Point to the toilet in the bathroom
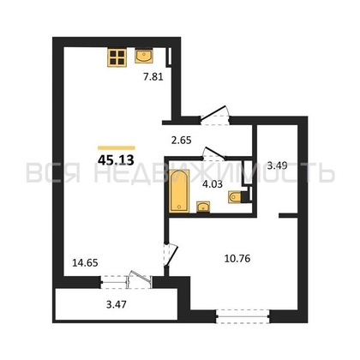pos(237,196)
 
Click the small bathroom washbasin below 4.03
pos(203,206)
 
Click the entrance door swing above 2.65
pos(215,112)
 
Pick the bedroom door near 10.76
pos(172,254)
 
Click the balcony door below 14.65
pos(135,279)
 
